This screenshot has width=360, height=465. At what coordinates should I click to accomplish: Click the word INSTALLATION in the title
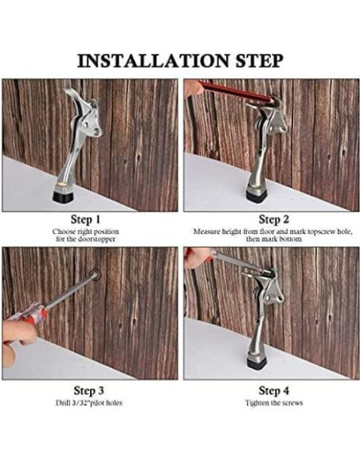click(153, 61)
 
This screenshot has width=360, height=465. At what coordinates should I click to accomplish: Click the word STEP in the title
click(259, 61)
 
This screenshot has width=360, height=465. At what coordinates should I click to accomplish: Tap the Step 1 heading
click(85, 220)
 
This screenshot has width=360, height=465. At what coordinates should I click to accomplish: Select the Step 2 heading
click(274, 220)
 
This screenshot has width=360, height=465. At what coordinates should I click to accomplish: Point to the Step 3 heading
click(88, 391)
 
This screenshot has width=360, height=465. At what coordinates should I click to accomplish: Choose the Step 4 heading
click(274, 391)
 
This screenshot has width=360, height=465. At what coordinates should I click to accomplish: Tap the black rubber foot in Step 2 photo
click(256, 194)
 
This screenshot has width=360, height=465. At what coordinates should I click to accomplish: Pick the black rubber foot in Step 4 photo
click(256, 361)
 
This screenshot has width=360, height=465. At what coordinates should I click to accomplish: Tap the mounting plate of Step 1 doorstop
click(91, 119)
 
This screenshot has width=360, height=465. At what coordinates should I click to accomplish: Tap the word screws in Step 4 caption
click(292, 403)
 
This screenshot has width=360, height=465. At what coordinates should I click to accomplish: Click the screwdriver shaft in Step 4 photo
click(237, 261)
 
